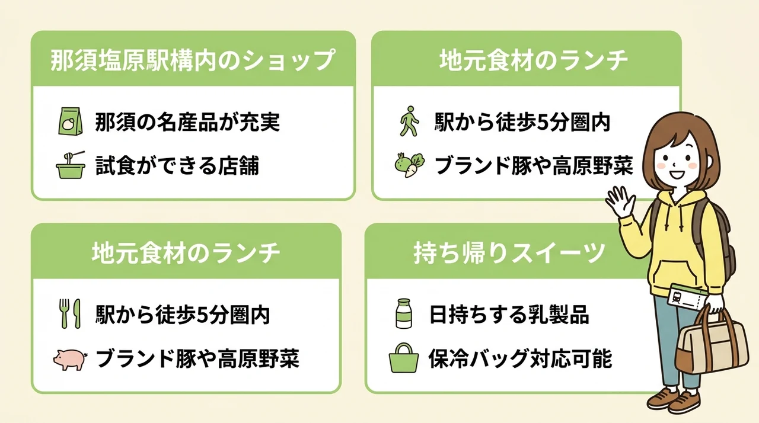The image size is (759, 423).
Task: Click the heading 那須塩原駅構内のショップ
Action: (x=193, y=60)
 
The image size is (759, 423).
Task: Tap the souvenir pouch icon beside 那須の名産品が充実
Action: (x=70, y=121)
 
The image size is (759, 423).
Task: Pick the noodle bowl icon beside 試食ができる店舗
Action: (x=71, y=165)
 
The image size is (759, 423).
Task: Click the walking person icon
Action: (x=409, y=121)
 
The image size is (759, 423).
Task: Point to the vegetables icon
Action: (x=409, y=165)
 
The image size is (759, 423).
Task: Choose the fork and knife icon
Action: (x=71, y=314)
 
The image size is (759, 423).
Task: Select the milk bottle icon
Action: (x=404, y=313)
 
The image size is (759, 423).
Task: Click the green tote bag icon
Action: (x=403, y=358)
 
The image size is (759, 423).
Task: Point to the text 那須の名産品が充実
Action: (x=187, y=122)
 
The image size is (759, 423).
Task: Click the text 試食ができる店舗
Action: (x=177, y=165)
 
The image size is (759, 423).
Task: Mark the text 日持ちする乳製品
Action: (x=509, y=315)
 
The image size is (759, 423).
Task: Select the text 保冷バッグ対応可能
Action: (x=520, y=358)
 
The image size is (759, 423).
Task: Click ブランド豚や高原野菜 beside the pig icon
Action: (x=197, y=358)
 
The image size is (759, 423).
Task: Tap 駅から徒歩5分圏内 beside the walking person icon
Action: (x=522, y=122)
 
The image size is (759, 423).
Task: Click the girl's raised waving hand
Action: (x=620, y=201)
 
